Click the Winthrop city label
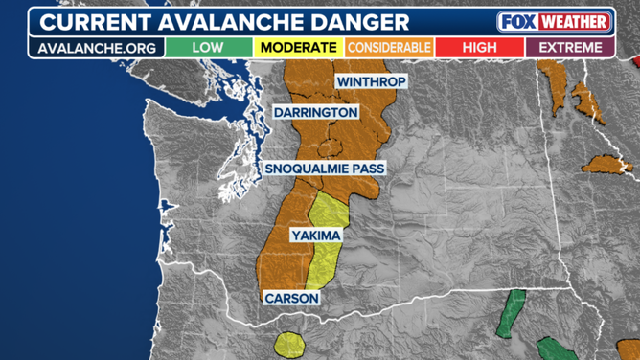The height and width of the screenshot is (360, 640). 371,82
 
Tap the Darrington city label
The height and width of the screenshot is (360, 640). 315,113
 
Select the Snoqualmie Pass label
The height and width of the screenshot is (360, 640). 325,169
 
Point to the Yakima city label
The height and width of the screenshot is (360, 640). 317,235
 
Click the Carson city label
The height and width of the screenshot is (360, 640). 291,298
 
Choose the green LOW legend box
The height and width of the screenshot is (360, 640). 208,47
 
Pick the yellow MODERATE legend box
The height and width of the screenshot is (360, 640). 298,47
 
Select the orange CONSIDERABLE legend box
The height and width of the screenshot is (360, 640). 389,47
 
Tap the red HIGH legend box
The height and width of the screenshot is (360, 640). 479,47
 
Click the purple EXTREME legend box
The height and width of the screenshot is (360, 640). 570,47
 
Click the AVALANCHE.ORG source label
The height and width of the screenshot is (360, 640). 96,47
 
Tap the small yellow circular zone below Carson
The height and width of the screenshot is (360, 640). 288,343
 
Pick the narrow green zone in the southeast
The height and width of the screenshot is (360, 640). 513,312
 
